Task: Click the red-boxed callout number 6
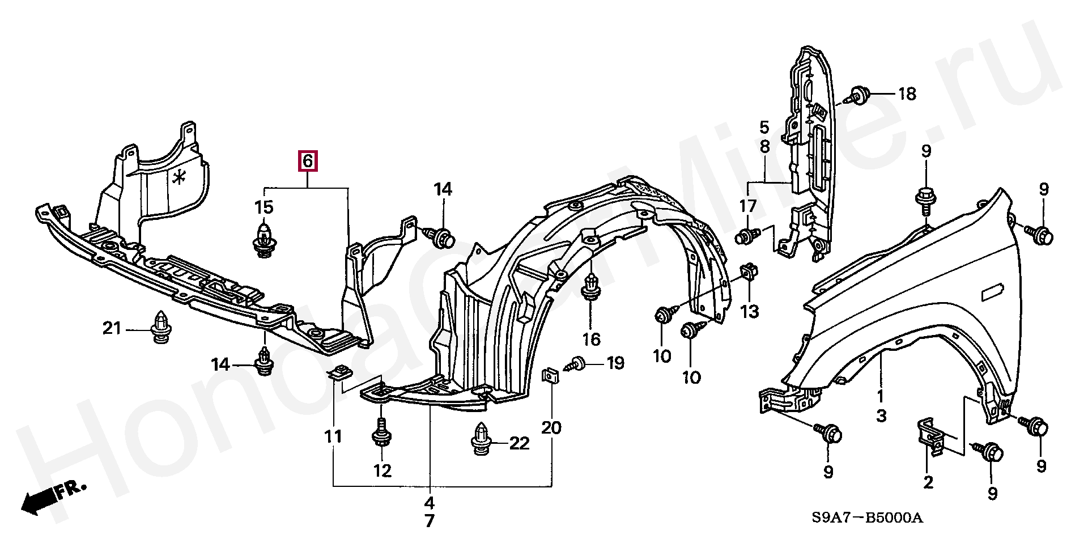click(x=307, y=162)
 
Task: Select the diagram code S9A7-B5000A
click(x=868, y=518)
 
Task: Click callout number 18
click(x=907, y=94)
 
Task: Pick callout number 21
click(x=112, y=328)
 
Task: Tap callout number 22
click(x=519, y=443)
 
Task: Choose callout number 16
click(x=591, y=340)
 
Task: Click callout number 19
click(x=615, y=363)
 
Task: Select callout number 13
click(x=750, y=311)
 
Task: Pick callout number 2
click(x=928, y=482)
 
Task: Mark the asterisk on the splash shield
click(x=180, y=179)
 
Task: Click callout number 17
click(x=748, y=206)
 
